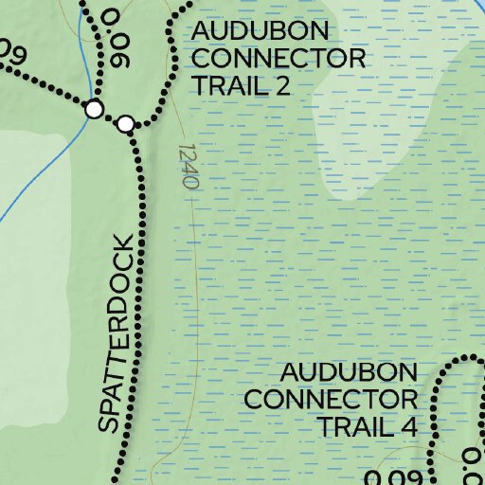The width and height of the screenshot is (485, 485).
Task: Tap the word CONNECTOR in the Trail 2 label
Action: [278, 59]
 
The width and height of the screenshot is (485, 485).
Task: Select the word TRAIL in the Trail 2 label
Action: [226, 86]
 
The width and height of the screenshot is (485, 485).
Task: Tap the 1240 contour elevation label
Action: [187, 166]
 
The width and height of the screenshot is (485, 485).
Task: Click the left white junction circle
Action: [94, 110]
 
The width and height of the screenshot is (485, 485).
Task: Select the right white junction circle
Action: [126, 123]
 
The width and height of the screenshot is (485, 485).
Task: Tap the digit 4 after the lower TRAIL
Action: [407, 426]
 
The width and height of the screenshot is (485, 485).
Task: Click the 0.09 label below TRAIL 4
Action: [391, 476]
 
